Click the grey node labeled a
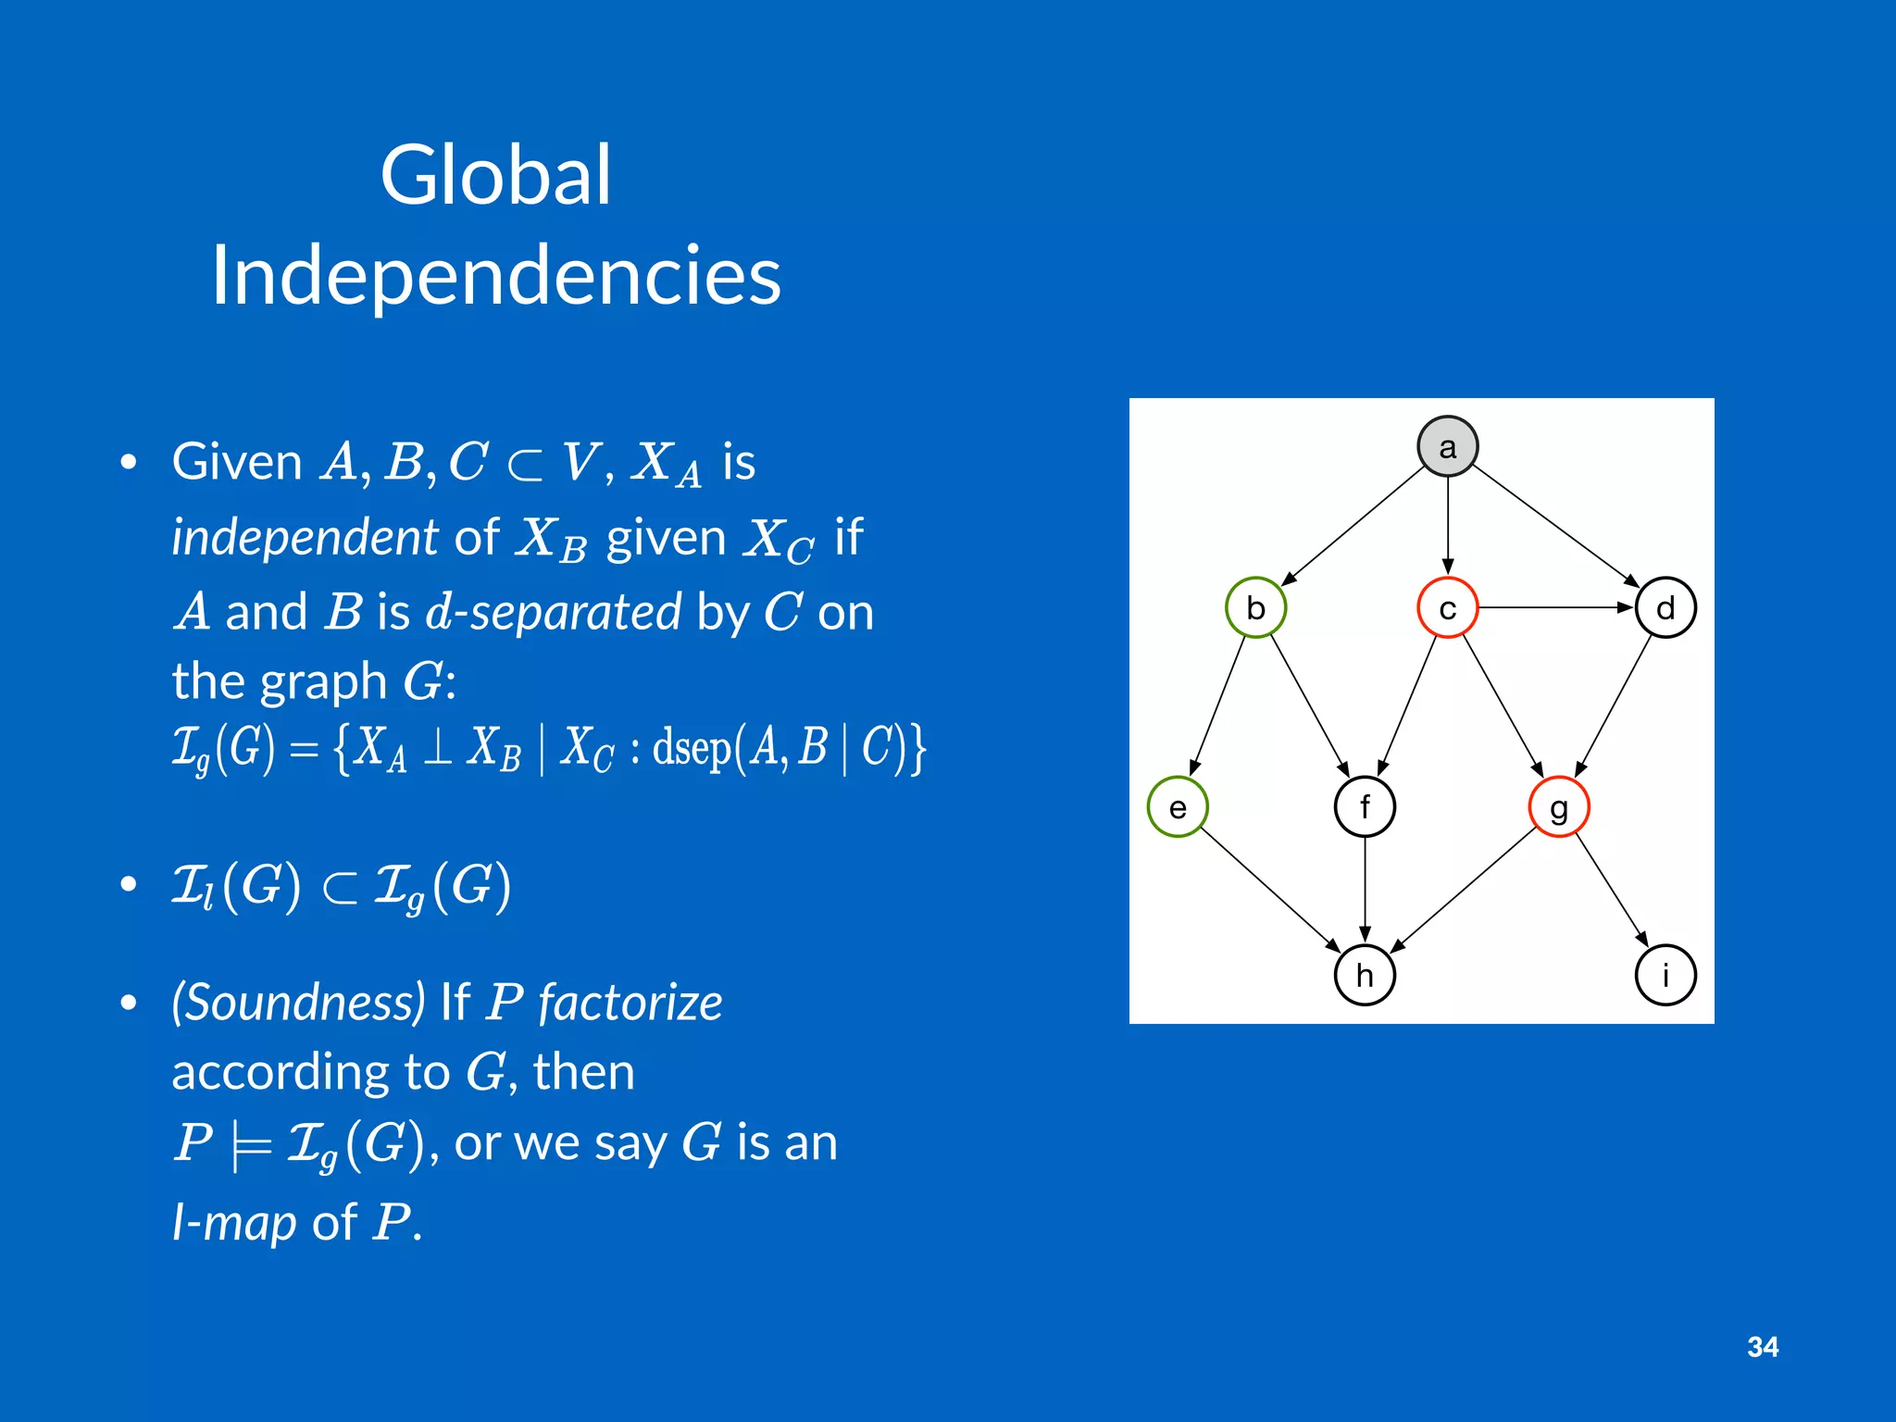1447,446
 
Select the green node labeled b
1255,608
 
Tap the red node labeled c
1447,608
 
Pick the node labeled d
1665,608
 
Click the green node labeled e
1177,807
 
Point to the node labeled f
1365,806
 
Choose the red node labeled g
1559,807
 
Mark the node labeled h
1365,975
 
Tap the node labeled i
1665,975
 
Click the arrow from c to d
1555,607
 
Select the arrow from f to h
1365,889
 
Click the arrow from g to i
1612,891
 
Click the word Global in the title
495,176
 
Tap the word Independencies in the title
496,275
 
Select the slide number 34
1763,1347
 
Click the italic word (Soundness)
298,1003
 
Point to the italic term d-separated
553,612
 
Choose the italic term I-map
235,1222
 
